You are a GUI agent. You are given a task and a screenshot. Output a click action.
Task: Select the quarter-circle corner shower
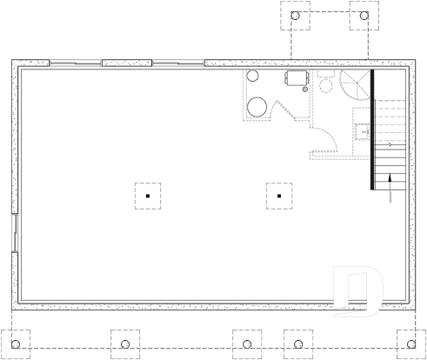click(355, 84)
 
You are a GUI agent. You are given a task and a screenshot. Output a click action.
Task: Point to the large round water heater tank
click(257, 107)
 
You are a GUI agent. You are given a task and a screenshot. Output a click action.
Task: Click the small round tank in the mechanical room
click(254, 77)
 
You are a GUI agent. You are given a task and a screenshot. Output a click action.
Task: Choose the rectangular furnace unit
click(296, 79)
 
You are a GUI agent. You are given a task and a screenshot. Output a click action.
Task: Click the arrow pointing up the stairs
click(390, 183)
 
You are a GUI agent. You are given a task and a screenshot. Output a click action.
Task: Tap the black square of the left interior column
click(148, 197)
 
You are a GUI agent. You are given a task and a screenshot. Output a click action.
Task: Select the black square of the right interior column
click(278, 197)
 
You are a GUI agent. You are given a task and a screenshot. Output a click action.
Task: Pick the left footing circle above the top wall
click(295, 16)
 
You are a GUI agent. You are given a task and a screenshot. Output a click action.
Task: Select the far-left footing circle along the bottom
click(16, 337)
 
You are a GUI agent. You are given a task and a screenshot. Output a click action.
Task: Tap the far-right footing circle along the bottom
click(407, 337)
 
